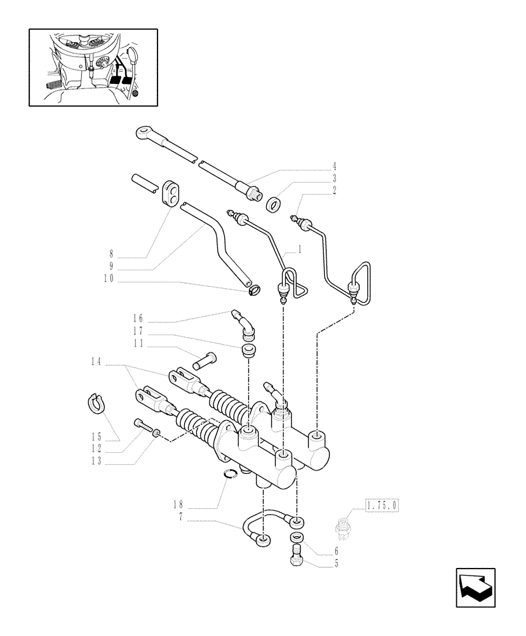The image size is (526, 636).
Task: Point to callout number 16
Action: (138, 318)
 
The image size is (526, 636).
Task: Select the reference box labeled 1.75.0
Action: (381, 506)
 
